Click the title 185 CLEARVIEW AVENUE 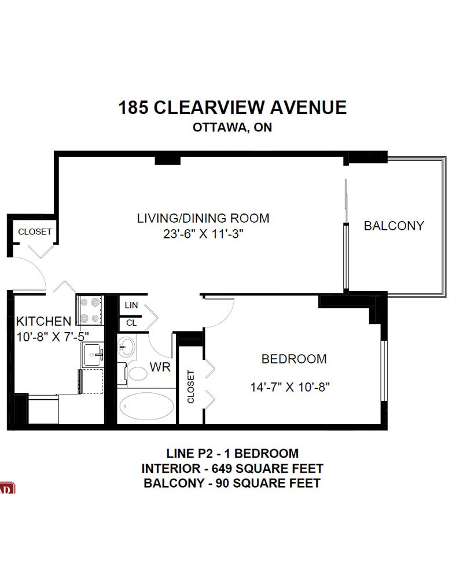[x=232, y=108]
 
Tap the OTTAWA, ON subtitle [x=232, y=127]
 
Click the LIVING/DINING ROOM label [x=203, y=218]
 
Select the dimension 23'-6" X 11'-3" [x=203, y=234]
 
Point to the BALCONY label [x=394, y=226]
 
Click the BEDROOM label [x=294, y=359]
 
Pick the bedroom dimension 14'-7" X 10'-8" [x=290, y=387]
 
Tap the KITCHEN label [x=43, y=321]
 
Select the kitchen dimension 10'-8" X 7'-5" [x=53, y=337]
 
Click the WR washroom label [x=160, y=367]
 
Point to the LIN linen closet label [x=131, y=305]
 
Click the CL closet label [x=131, y=323]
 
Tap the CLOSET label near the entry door [x=35, y=231]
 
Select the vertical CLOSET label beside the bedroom [x=191, y=387]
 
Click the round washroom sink [x=126, y=347]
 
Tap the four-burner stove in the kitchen [x=90, y=310]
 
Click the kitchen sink [x=92, y=355]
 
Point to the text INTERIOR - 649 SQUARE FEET [x=232, y=468]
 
